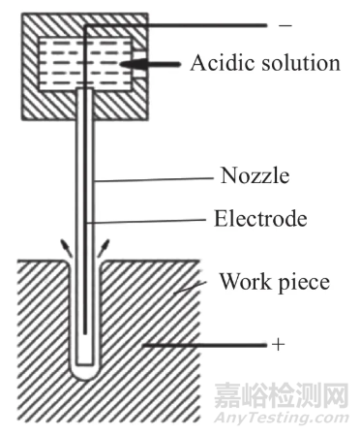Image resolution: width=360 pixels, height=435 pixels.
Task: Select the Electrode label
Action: click(x=259, y=219)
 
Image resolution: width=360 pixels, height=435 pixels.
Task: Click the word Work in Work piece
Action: click(x=242, y=283)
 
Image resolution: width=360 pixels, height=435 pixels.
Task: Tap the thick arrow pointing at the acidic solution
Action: click(x=155, y=64)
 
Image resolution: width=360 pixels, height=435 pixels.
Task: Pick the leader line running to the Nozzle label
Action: click(x=155, y=178)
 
